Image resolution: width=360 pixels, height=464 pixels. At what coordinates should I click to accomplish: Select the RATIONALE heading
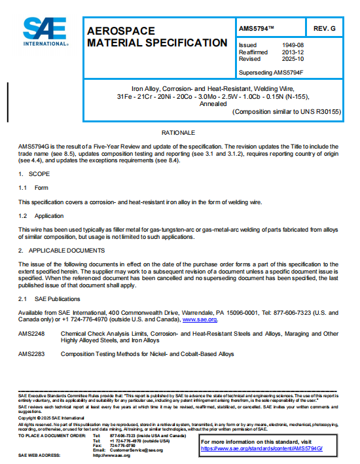(x=179, y=133)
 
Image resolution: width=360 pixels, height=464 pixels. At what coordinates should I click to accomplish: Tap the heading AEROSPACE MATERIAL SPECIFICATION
(x=157, y=37)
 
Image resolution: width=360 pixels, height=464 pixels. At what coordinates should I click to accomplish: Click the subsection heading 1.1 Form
(x=33, y=188)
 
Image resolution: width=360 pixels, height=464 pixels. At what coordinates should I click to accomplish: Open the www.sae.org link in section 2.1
(x=200, y=319)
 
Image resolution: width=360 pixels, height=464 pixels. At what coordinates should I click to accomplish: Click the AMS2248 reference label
(x=33, y=334)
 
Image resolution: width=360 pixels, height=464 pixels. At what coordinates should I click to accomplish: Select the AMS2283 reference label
(x=33, y=354)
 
